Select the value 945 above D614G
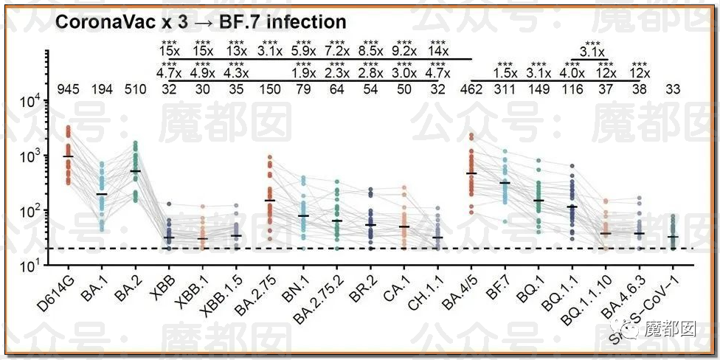[68, 90]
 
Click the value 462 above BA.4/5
[471, 90]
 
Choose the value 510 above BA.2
[135, 90]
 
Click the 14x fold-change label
[438, 52]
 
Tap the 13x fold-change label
[237, 52]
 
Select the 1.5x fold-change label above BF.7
[505, 73]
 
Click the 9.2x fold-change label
[404, 52]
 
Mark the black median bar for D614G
[68, 156]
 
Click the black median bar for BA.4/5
[471, 173]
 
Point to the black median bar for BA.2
[135, 171]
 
